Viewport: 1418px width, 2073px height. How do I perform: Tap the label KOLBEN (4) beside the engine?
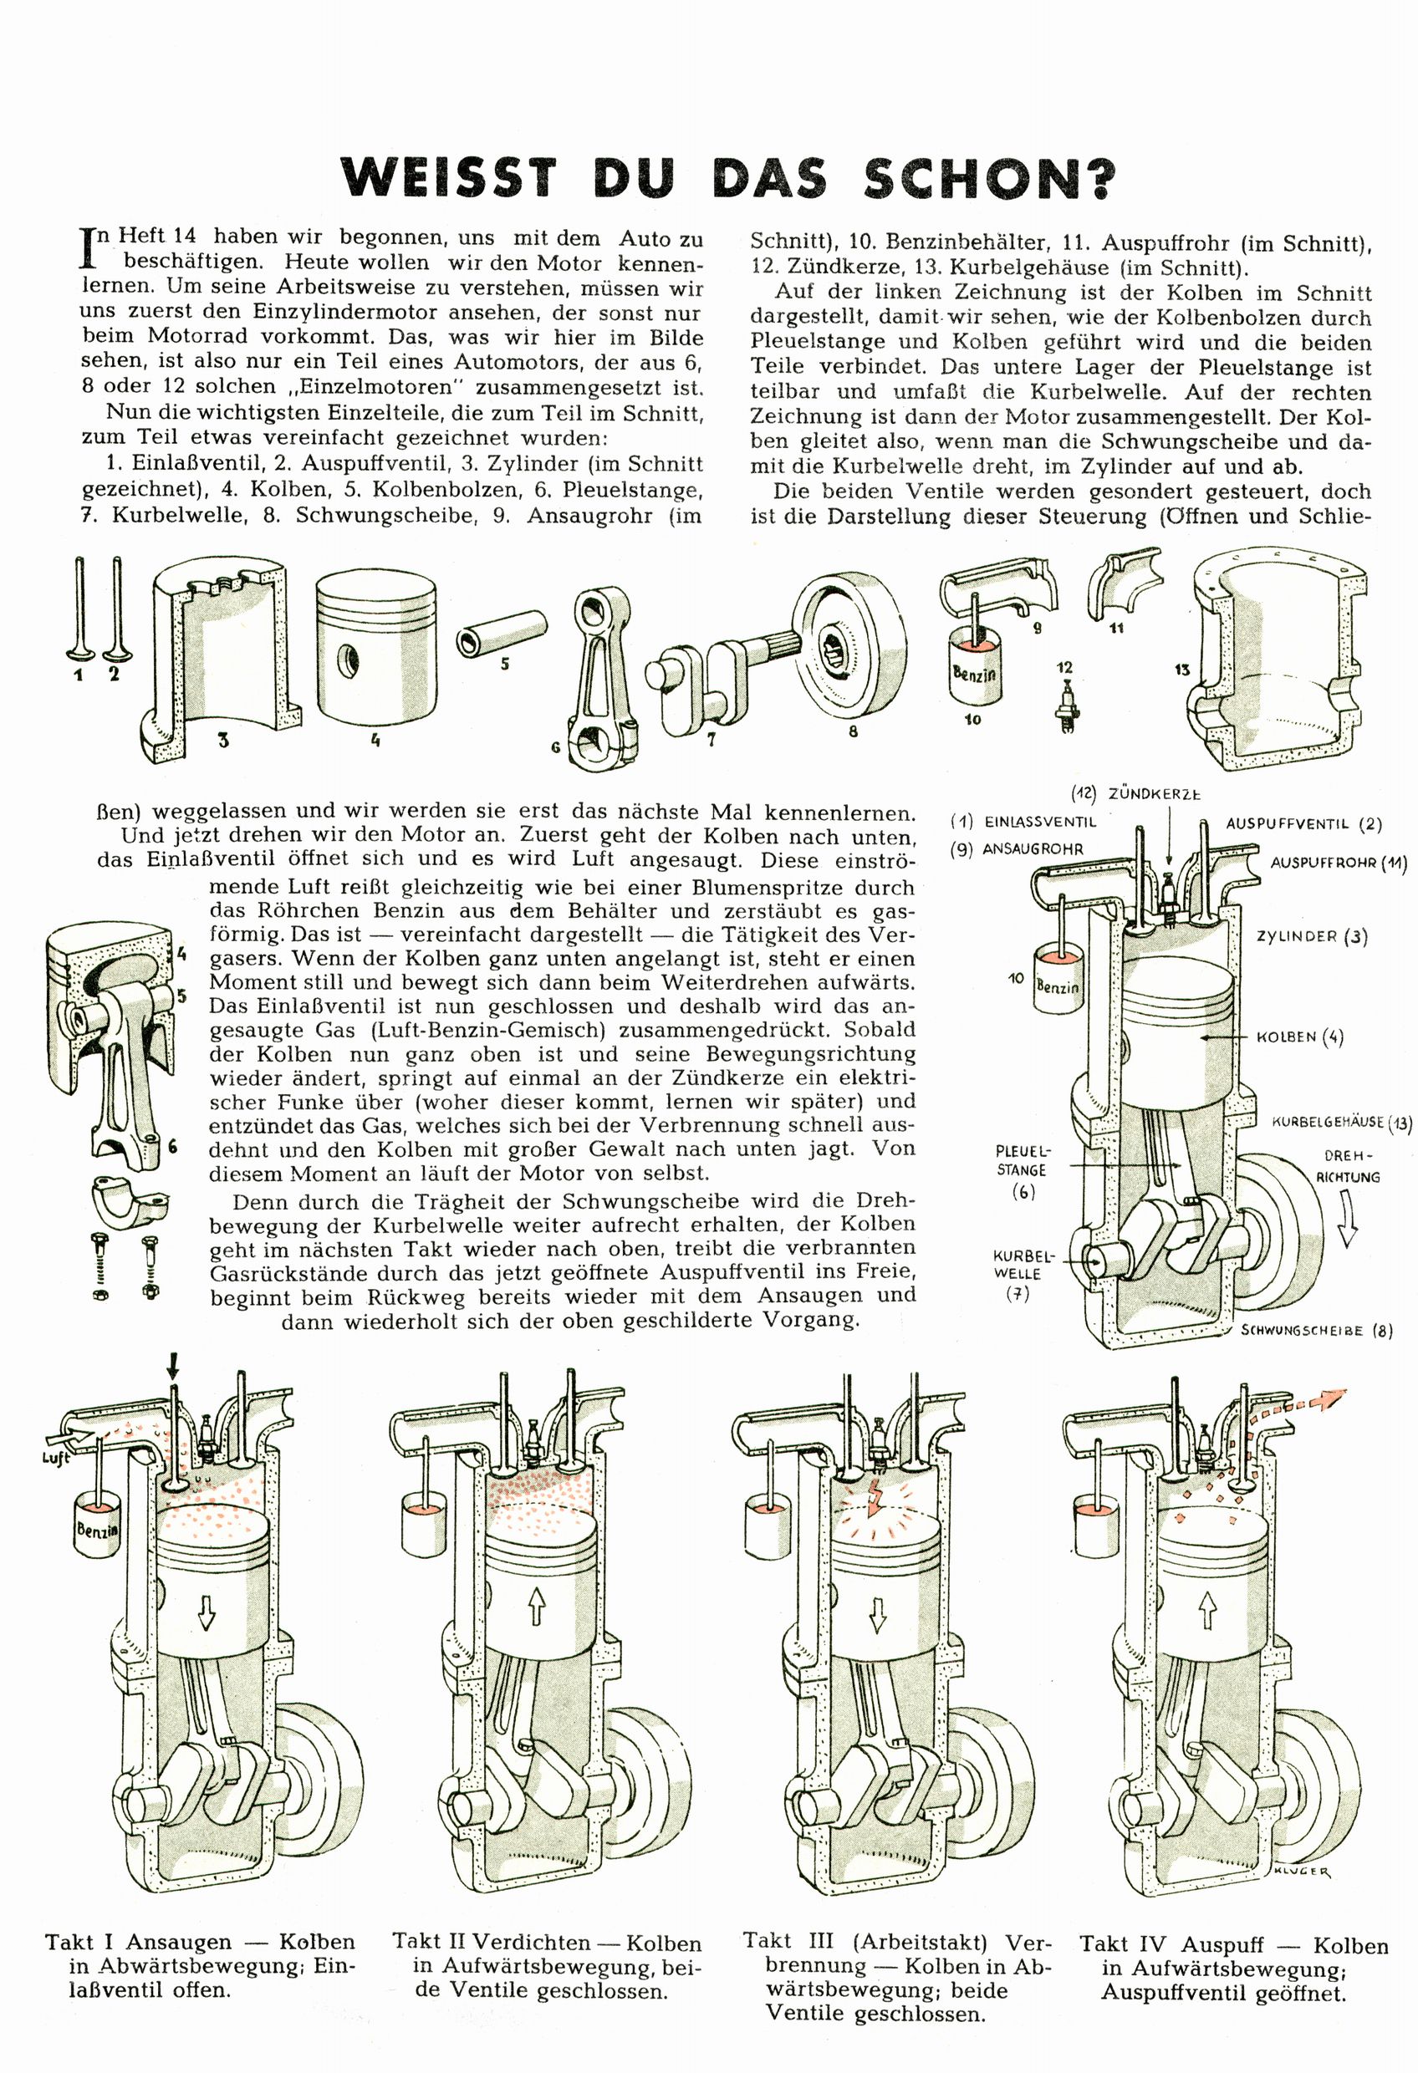point(1299,1037)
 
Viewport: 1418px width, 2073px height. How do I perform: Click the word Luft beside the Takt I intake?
point(55,1459)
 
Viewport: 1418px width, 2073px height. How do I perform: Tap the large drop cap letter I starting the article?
point(88,247)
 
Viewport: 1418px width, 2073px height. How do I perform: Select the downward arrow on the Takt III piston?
point(877,1612)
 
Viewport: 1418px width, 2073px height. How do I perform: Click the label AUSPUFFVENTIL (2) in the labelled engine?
point(1303,823)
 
